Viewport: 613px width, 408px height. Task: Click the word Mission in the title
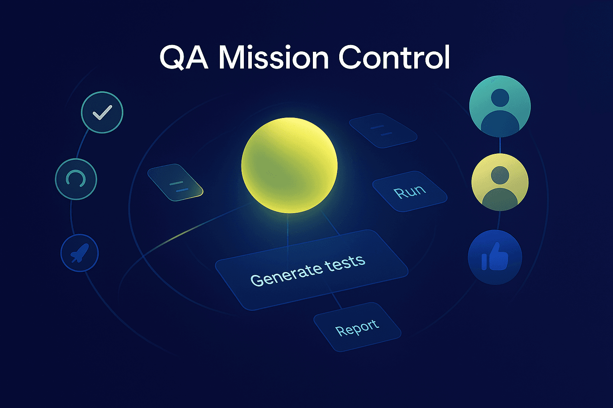273,58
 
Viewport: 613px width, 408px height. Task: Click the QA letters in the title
184,58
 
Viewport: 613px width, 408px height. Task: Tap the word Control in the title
394,58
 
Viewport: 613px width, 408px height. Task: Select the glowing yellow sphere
289,165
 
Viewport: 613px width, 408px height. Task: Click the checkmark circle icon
102,112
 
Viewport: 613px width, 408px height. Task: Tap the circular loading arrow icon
76,179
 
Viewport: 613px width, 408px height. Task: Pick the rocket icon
79,253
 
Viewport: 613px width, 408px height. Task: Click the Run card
409,192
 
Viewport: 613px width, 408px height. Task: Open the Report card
357,327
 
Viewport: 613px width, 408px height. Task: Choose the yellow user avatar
500,182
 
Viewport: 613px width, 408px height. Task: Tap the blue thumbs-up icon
495,257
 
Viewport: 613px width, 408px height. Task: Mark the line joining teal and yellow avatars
500,145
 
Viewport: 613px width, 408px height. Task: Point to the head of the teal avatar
500,97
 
